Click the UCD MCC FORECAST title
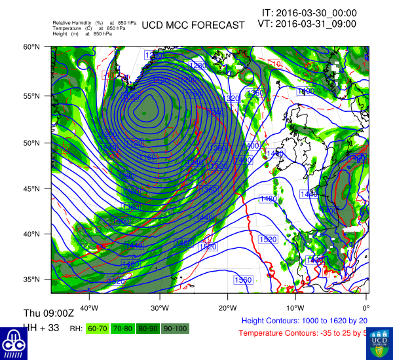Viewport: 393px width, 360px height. pos(193,26)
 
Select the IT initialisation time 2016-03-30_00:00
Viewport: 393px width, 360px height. pos(309,12)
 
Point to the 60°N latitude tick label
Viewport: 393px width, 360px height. pos(32,47)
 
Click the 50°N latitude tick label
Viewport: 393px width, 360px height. pos(32,143)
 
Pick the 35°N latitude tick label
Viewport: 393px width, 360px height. pos(32,279)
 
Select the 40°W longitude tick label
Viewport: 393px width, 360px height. pos(89,308)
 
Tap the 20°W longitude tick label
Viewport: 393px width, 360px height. pos(227,308)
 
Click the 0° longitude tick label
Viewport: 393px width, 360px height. pos(365,308)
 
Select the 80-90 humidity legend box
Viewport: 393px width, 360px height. pos(148,329)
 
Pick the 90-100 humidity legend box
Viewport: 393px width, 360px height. pos(175,329)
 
